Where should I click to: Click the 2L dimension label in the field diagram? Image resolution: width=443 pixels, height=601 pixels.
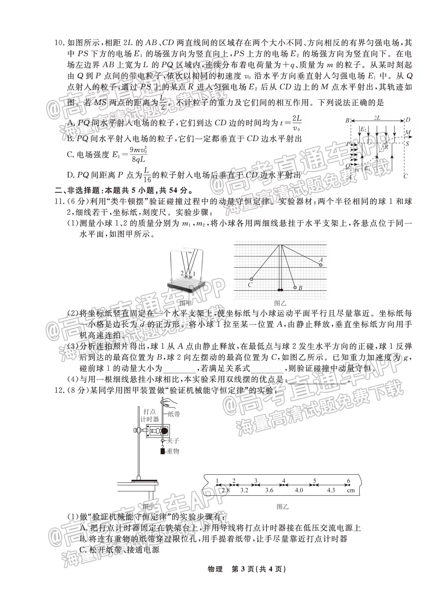[x=377, y=118]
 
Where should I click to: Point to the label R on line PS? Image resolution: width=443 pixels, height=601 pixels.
[x=386, y=146]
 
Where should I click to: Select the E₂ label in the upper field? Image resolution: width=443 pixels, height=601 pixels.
[x=363, y=129]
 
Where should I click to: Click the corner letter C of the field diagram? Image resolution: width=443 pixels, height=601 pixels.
[x=406, y=176]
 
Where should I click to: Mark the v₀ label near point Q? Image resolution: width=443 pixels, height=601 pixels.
[x=356, y=170]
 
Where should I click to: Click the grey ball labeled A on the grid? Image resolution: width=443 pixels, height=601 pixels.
[x=321, y=265]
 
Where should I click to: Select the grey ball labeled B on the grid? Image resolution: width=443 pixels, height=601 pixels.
[x=295, y=287]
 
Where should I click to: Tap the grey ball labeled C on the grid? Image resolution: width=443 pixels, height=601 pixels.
[x=251, y=279]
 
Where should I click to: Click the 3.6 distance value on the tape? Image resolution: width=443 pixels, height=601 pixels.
[x=269, y=490]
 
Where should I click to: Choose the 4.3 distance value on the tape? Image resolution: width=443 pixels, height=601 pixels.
[x=331, y=490]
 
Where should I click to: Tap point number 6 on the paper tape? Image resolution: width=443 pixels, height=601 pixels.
[x=349, y=481]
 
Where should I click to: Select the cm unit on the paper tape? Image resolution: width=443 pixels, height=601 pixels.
[x=351, y=490]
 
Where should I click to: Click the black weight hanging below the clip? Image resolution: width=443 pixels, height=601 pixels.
[x=162, y=451]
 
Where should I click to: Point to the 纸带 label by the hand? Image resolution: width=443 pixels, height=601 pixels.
[x=174, y=414]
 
